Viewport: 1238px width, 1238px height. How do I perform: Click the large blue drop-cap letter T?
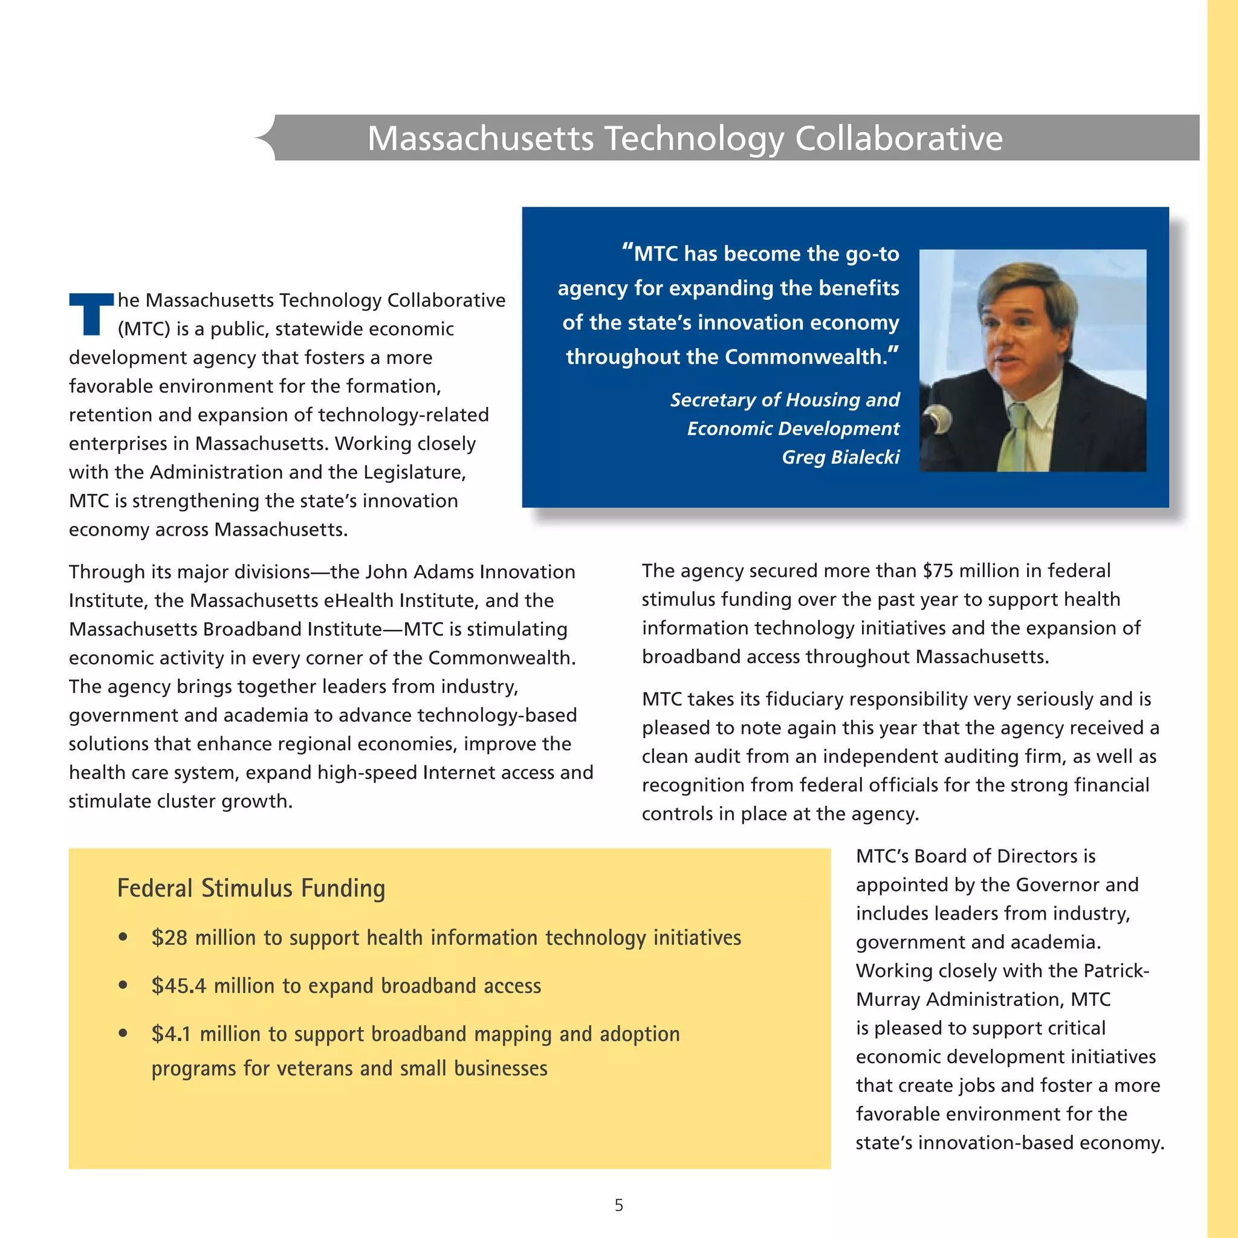92,314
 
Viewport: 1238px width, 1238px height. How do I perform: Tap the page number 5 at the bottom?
618,1205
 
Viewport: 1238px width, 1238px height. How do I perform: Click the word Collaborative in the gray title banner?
898,138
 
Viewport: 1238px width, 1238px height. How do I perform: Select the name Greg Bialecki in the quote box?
840,457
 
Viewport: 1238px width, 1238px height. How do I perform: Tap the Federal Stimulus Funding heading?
251,888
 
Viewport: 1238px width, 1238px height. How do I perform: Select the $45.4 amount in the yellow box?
179,985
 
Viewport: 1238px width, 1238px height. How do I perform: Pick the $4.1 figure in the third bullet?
171,1034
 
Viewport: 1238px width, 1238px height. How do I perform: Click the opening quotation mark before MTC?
627,250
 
